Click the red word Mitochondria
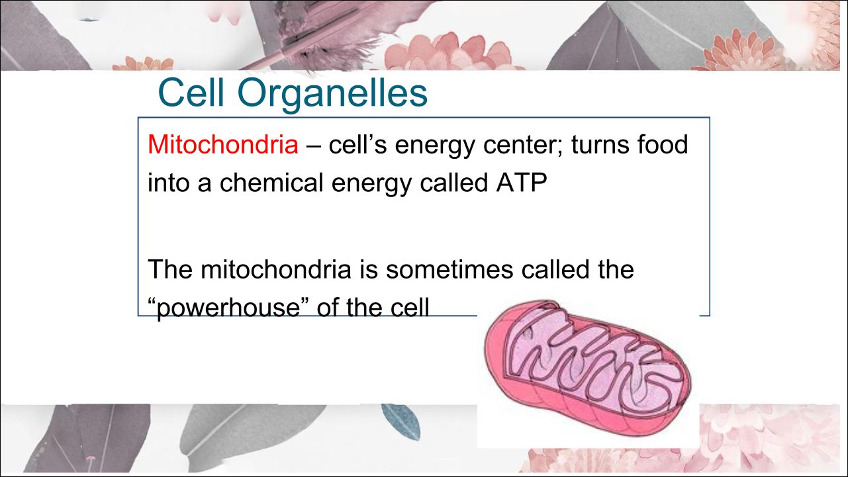(x=223, y=144)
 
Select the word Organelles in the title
(x=332, y=94)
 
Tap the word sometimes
(x=449, y=269)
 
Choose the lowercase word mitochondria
(x=276, y=269)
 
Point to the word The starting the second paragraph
(x=170, y=269)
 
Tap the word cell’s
(x=357, y=144)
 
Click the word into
(x=168, y=183)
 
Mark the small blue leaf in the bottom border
(x=401, y=421)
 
